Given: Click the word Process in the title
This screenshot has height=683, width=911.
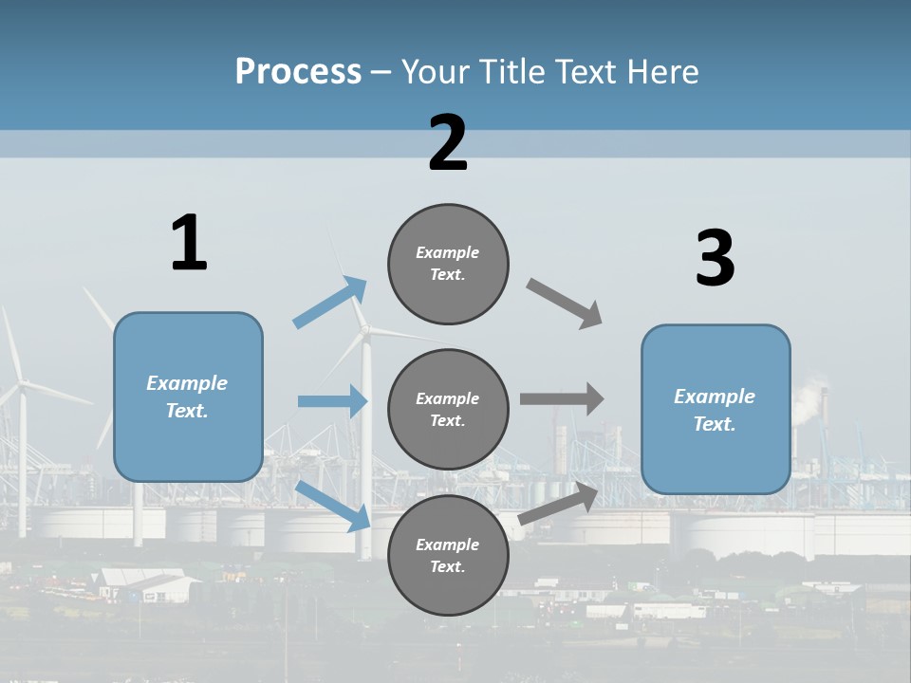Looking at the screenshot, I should pyautogui.click(x=298, y=72).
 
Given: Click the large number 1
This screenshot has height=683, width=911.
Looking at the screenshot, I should pyautogui.click(x=189, y=243).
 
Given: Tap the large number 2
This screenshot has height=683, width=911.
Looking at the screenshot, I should pyautogui.click(x=448, y=142).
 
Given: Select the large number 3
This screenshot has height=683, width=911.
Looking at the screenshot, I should pyautogui.click(x=715, y=259).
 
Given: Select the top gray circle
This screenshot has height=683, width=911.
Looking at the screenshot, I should pyautogui.click(x=448, y=264).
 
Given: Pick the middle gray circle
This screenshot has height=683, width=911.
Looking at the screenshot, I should pyautogui.click(x=448, y=409).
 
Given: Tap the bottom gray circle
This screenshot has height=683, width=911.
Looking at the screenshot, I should pyautogui.click(x=448, y=555).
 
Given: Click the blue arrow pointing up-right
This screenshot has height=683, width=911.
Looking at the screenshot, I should pyautogui.click(x=329, y=303).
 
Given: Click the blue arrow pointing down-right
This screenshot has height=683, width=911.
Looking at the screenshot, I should pyautogui.click(x=332, y=505).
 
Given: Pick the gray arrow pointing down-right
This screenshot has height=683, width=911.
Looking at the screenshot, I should pyautogui.click(x=565, y=304).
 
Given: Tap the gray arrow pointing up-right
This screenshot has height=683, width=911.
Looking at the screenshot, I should pyautogui.click(x=559, y=504).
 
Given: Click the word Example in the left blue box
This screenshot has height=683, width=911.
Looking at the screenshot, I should pyautogui.click(x=187, y=383).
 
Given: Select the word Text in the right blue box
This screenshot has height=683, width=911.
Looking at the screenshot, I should pyautogui.click(x=714, y=424).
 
